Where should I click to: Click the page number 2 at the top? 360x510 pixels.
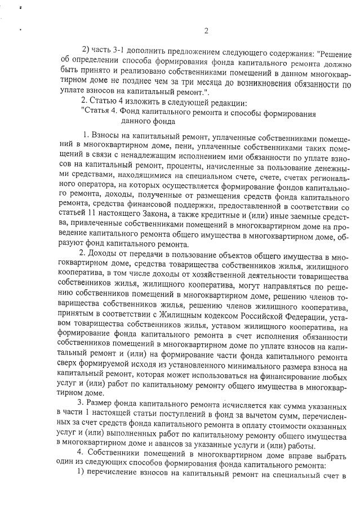[x=206, y=30]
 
